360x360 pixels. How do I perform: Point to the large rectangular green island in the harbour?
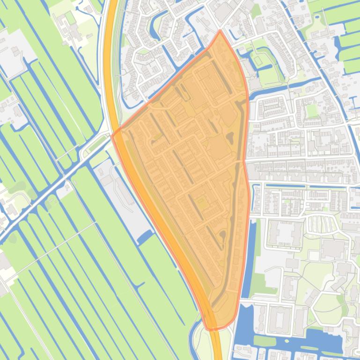click(x=264, y=340)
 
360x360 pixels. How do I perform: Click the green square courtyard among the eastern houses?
click(x=311, y=111)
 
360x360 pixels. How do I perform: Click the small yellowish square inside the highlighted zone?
click(x=202, y=204)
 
